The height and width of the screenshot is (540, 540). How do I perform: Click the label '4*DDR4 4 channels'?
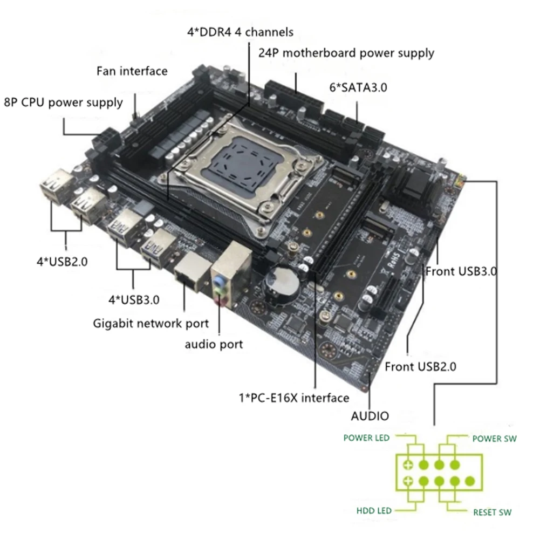240,32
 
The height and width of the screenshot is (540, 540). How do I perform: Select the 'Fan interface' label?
132,71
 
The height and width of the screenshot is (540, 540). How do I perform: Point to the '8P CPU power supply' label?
64,102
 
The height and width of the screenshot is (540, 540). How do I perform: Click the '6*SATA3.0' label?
358,87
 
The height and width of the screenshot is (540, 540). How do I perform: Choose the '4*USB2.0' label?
62,262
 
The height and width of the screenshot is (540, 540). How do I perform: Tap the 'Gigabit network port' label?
151,324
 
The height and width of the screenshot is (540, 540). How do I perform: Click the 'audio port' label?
214,344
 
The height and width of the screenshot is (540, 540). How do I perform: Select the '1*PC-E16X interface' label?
294,398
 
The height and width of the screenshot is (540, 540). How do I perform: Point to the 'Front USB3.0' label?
461,271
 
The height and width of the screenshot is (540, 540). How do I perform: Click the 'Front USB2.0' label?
421,367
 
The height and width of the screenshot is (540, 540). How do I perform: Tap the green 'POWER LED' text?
366,438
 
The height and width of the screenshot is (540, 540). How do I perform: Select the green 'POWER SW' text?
494,439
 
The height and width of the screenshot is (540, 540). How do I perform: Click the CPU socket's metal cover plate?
242,161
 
